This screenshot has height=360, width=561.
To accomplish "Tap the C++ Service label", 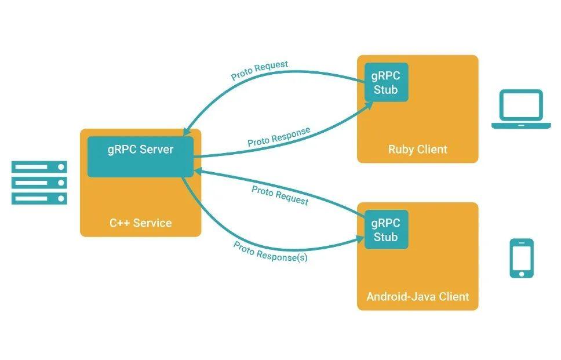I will (x=141, y=223).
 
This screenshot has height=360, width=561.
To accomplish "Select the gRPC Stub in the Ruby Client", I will (x=386, y=82).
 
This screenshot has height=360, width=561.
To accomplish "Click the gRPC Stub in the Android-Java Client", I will (x=386, y=230).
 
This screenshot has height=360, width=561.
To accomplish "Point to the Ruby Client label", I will (x=417, y=150).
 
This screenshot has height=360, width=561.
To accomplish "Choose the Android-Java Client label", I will (x=417, y=297).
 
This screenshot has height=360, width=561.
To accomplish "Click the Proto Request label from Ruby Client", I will (x=259, y=70).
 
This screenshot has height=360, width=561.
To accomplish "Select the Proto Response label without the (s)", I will (x=279, y=137).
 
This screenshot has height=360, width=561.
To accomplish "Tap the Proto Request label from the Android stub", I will (x=280, y=195).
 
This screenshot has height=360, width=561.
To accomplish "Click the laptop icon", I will (x=521, y=109).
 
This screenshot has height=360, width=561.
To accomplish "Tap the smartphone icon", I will (x=522, y=258).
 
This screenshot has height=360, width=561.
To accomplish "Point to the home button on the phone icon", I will (x=522, y=273).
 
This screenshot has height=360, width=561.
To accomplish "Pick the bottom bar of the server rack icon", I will (x=39, y=198).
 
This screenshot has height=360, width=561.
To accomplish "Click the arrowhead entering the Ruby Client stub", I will (x=369, y=105).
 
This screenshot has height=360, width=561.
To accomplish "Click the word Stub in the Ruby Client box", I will (x=386, y=90).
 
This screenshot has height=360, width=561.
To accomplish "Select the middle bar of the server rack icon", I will (x=39, y=183).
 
